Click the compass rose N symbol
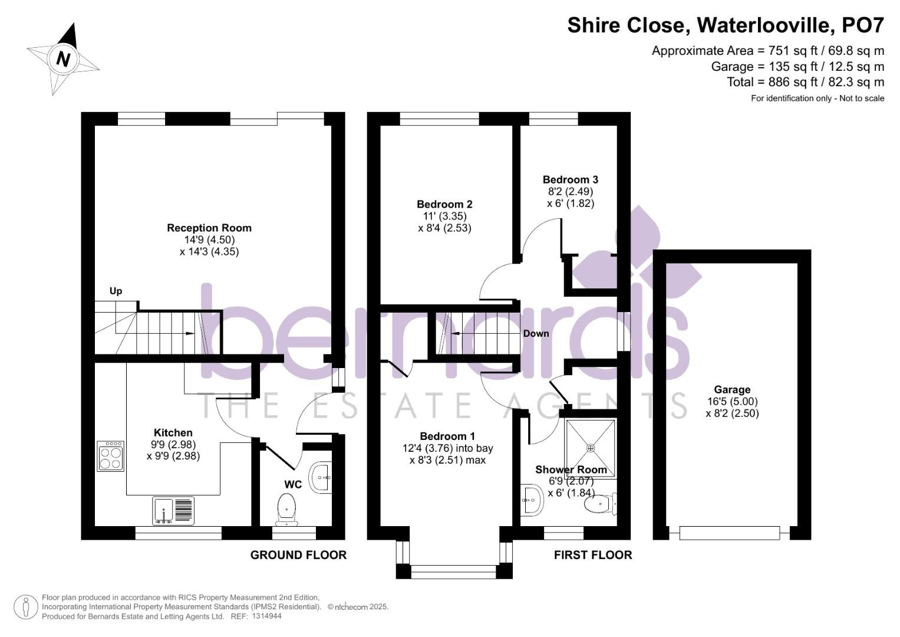[63, 59]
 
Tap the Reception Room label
[209, 228]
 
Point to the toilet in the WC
[286, 508]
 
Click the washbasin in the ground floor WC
[321, 476]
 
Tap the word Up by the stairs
[116, 291]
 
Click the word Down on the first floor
[536, 334]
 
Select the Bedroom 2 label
[444, 205]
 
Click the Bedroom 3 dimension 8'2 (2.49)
[570, 192]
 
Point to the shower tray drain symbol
[591, 448]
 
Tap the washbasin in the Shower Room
[532, 501]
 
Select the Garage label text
[732, 390]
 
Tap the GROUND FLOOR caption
[298, 555]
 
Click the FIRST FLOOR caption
[592, 555]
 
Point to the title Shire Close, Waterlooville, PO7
[726, 25]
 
